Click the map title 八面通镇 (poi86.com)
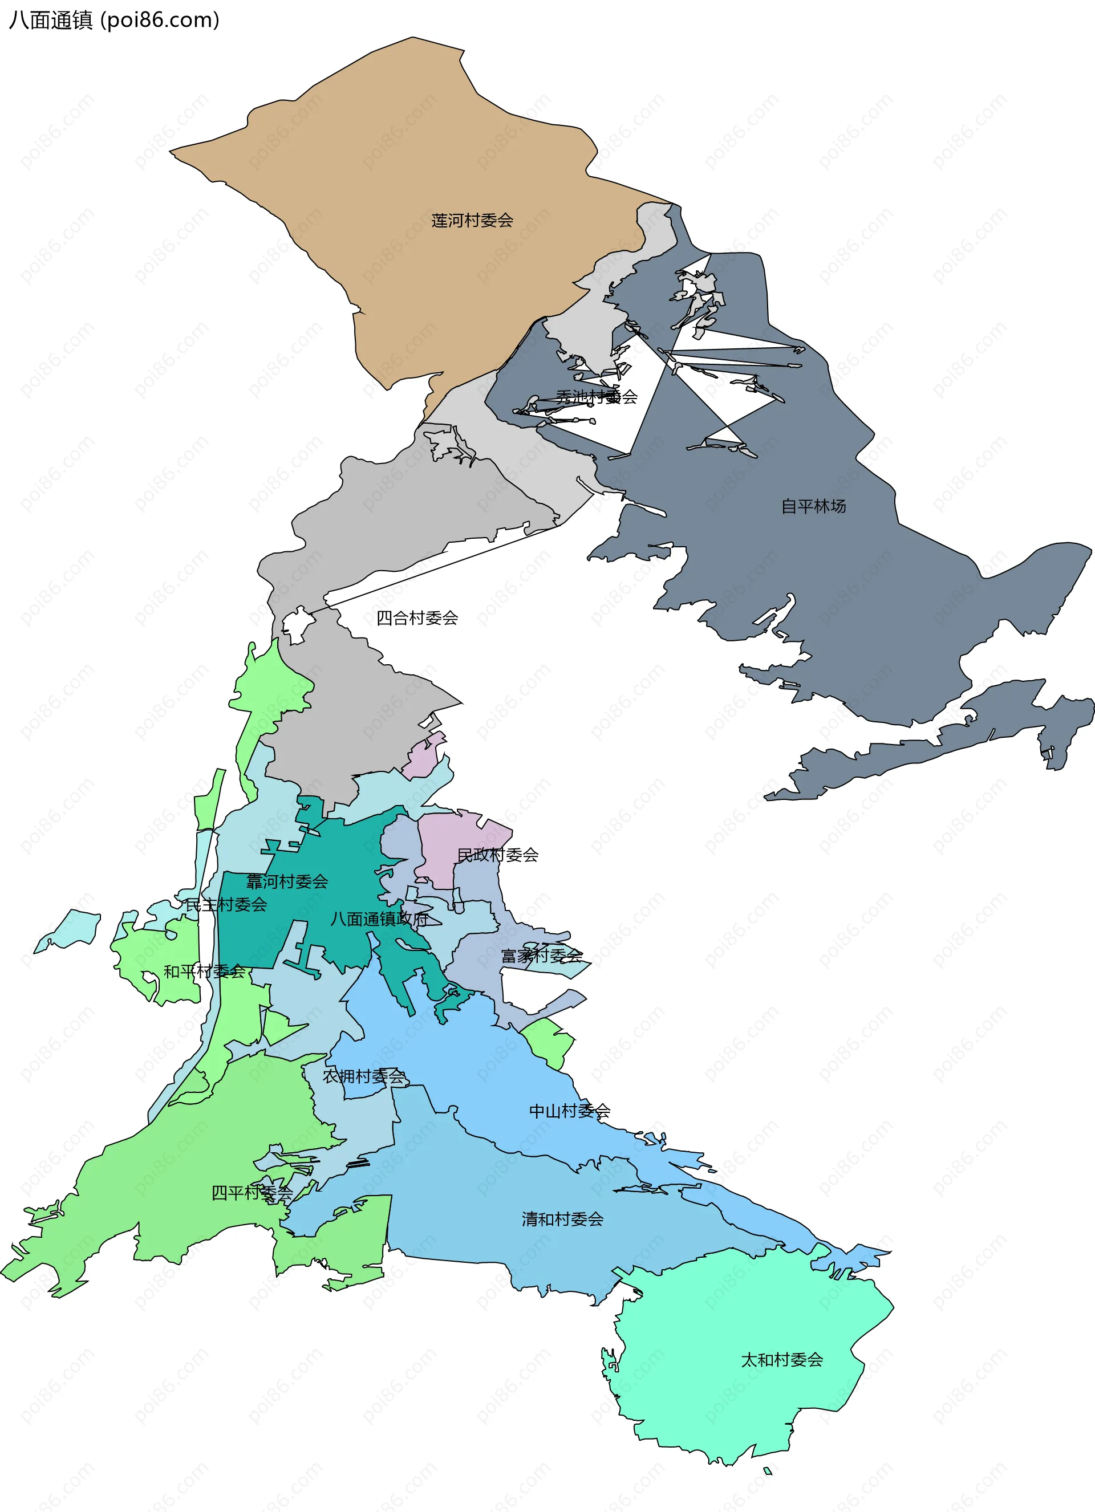113,20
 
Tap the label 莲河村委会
472,220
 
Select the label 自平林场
814,506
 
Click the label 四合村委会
417,618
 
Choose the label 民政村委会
497,855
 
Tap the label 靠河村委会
287,881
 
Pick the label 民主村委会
225,905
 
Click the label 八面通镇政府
379,918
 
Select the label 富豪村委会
541,956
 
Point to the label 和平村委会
204,972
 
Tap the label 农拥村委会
363,1076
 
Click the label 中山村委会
570,1111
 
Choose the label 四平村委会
252,1192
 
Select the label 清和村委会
562,1219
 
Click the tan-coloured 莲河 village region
400,166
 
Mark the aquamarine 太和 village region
733,1400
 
